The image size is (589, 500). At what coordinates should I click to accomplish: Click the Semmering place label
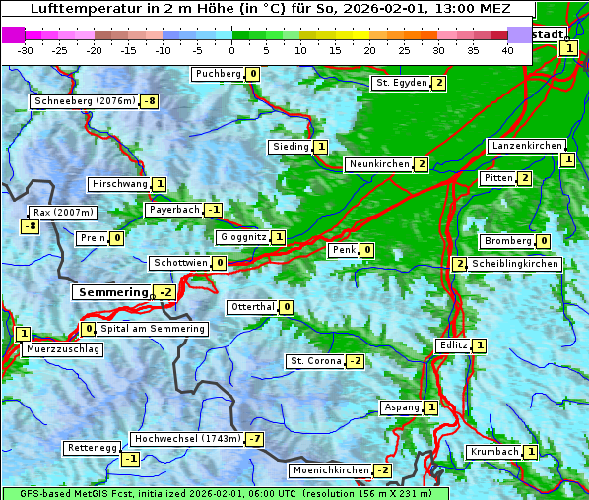111,292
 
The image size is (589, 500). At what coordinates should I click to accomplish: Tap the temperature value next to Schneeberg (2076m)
150,101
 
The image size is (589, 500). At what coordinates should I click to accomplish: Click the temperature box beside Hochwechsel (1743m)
255,438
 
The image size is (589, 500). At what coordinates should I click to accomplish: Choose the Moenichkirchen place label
331,470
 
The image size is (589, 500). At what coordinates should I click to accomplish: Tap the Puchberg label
218,74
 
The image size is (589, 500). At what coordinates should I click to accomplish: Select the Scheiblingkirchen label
515,264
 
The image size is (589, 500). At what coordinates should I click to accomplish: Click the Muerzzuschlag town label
62,349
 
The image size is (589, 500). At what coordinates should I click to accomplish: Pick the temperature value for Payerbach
214,210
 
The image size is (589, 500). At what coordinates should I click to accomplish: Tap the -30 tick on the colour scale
26,50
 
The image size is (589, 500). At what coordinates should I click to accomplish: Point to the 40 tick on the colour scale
507,50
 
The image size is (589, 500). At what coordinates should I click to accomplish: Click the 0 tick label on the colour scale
232,50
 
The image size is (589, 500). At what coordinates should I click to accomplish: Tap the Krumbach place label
493,452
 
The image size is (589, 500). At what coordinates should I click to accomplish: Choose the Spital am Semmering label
153,329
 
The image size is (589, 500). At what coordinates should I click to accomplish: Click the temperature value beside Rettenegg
130,458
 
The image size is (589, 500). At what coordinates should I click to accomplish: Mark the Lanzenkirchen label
527,146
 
